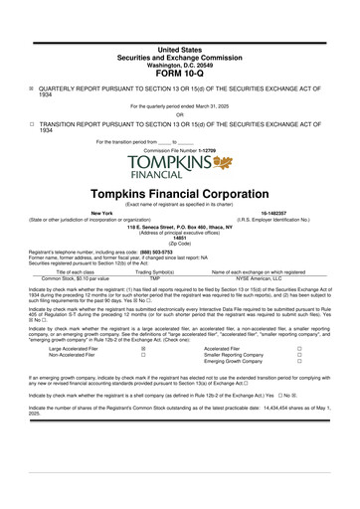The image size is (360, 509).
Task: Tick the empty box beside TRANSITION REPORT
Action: (31, 125)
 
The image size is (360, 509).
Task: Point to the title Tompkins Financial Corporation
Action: (180, 191)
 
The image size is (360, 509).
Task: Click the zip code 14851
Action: (180, 239)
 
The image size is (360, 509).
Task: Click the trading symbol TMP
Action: (154, 277)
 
